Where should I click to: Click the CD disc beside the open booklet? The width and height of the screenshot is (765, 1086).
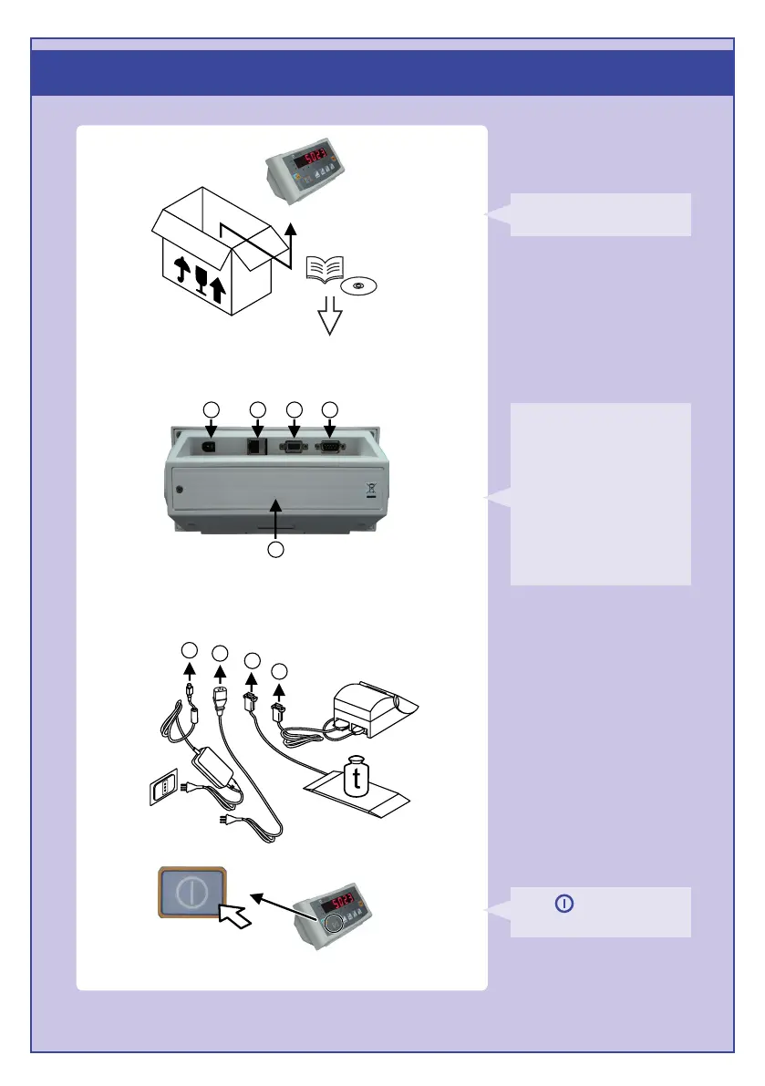pos(357,285)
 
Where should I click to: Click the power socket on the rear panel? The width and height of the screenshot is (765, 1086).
pos(211,446)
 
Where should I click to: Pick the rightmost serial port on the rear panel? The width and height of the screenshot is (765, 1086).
pos(330,447)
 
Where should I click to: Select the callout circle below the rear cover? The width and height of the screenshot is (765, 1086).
pos(276,550)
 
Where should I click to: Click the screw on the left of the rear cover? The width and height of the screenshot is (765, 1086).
pos(180,490)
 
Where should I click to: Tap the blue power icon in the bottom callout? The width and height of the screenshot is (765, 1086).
pos(564,904)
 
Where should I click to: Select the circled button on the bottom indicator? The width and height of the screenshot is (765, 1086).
pos(334,922)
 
